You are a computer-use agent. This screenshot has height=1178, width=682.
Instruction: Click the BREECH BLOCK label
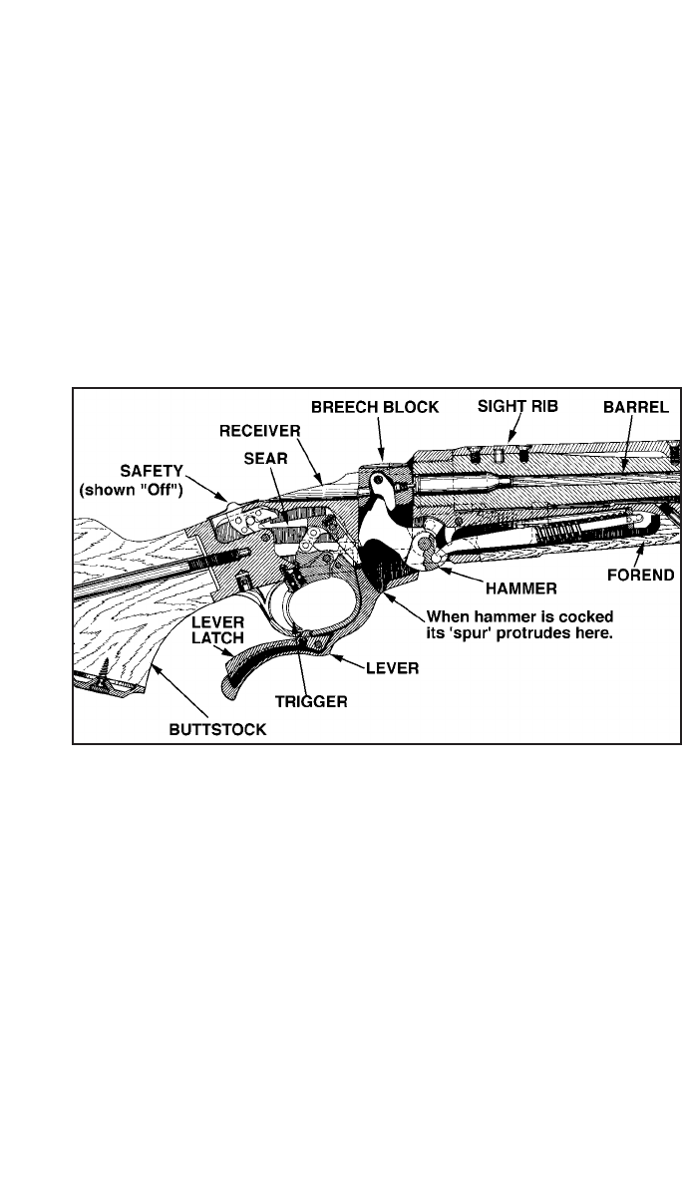coord(374,408)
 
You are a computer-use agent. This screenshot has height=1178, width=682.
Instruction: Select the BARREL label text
coord(634,408)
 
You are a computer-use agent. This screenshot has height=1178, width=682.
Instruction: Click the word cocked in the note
coord(587,613)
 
